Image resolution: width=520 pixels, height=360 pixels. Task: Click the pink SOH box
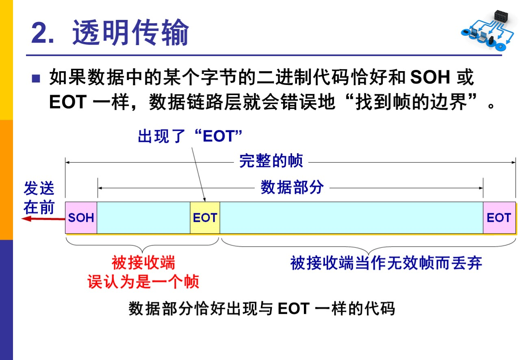point(81,218)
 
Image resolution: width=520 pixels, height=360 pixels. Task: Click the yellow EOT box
point(205,218)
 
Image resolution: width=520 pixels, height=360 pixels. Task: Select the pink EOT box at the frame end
point(499,218)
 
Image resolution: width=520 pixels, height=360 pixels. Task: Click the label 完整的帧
point(271,161)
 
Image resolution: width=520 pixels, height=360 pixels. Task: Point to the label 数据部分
point(292,187)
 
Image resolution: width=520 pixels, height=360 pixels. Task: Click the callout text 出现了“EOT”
point(190,137)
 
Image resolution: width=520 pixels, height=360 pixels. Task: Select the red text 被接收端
point(143,263)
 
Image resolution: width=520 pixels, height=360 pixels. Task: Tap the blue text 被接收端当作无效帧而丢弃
point(386,263)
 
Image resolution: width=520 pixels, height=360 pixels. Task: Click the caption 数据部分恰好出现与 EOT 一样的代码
point(262,309)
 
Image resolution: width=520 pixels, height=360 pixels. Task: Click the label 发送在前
point(39,198)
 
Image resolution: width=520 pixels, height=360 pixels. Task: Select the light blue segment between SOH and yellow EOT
point(143,218)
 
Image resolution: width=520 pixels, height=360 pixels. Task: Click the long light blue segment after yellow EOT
point(351,218)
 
